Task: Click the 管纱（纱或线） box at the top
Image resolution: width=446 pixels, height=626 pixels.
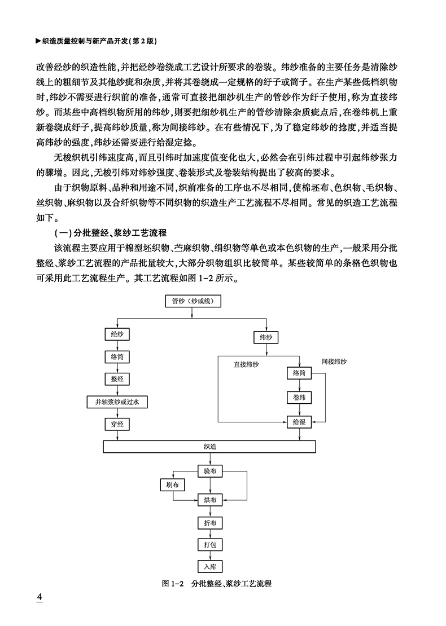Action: tap(193, 301)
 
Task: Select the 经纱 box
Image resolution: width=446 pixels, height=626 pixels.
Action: tap(117, 334)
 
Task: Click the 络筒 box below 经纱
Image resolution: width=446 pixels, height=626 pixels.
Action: tap(117, 357)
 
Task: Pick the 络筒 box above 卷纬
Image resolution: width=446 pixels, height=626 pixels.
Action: tap(299, 373)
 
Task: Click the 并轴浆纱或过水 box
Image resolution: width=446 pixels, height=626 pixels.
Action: tap(117, 402)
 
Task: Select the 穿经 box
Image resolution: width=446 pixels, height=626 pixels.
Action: tap(117, 422)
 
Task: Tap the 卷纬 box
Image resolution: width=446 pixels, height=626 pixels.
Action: tap(299, 398)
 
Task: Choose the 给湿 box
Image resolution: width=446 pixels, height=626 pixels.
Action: tap(299, 421)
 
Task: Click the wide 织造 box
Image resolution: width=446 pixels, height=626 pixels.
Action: tap(209, 446)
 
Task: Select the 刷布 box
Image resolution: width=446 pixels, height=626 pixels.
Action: tap(172, 485)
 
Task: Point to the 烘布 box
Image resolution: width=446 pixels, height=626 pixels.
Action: tap(209, 499)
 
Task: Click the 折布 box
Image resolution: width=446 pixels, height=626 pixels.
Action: tap(209, 523)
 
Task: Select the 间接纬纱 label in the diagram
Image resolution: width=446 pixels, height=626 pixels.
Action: tap(334, 360)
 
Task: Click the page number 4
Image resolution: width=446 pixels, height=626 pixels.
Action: tap(39, 597)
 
